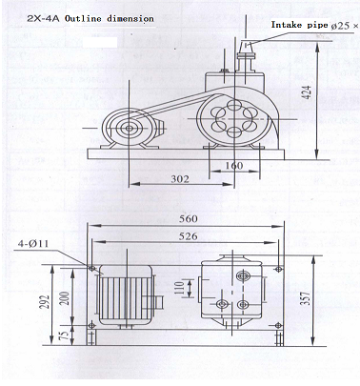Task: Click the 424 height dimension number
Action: click(x=307, y=92)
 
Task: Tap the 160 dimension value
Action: click(x=234, y=166)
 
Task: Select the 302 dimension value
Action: click(x=180, y=179)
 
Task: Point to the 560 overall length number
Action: click(x=189, y=219)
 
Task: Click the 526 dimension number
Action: click(x=188, y=236)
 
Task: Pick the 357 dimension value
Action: click(x=305, y=298)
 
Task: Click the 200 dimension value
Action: click(x=65, y=298)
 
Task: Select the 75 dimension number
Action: click(x=65, y=335)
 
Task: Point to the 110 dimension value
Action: click(x=179, y=289)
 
